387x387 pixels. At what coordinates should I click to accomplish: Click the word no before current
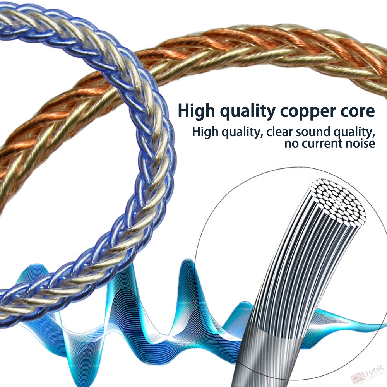pos(292,144)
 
